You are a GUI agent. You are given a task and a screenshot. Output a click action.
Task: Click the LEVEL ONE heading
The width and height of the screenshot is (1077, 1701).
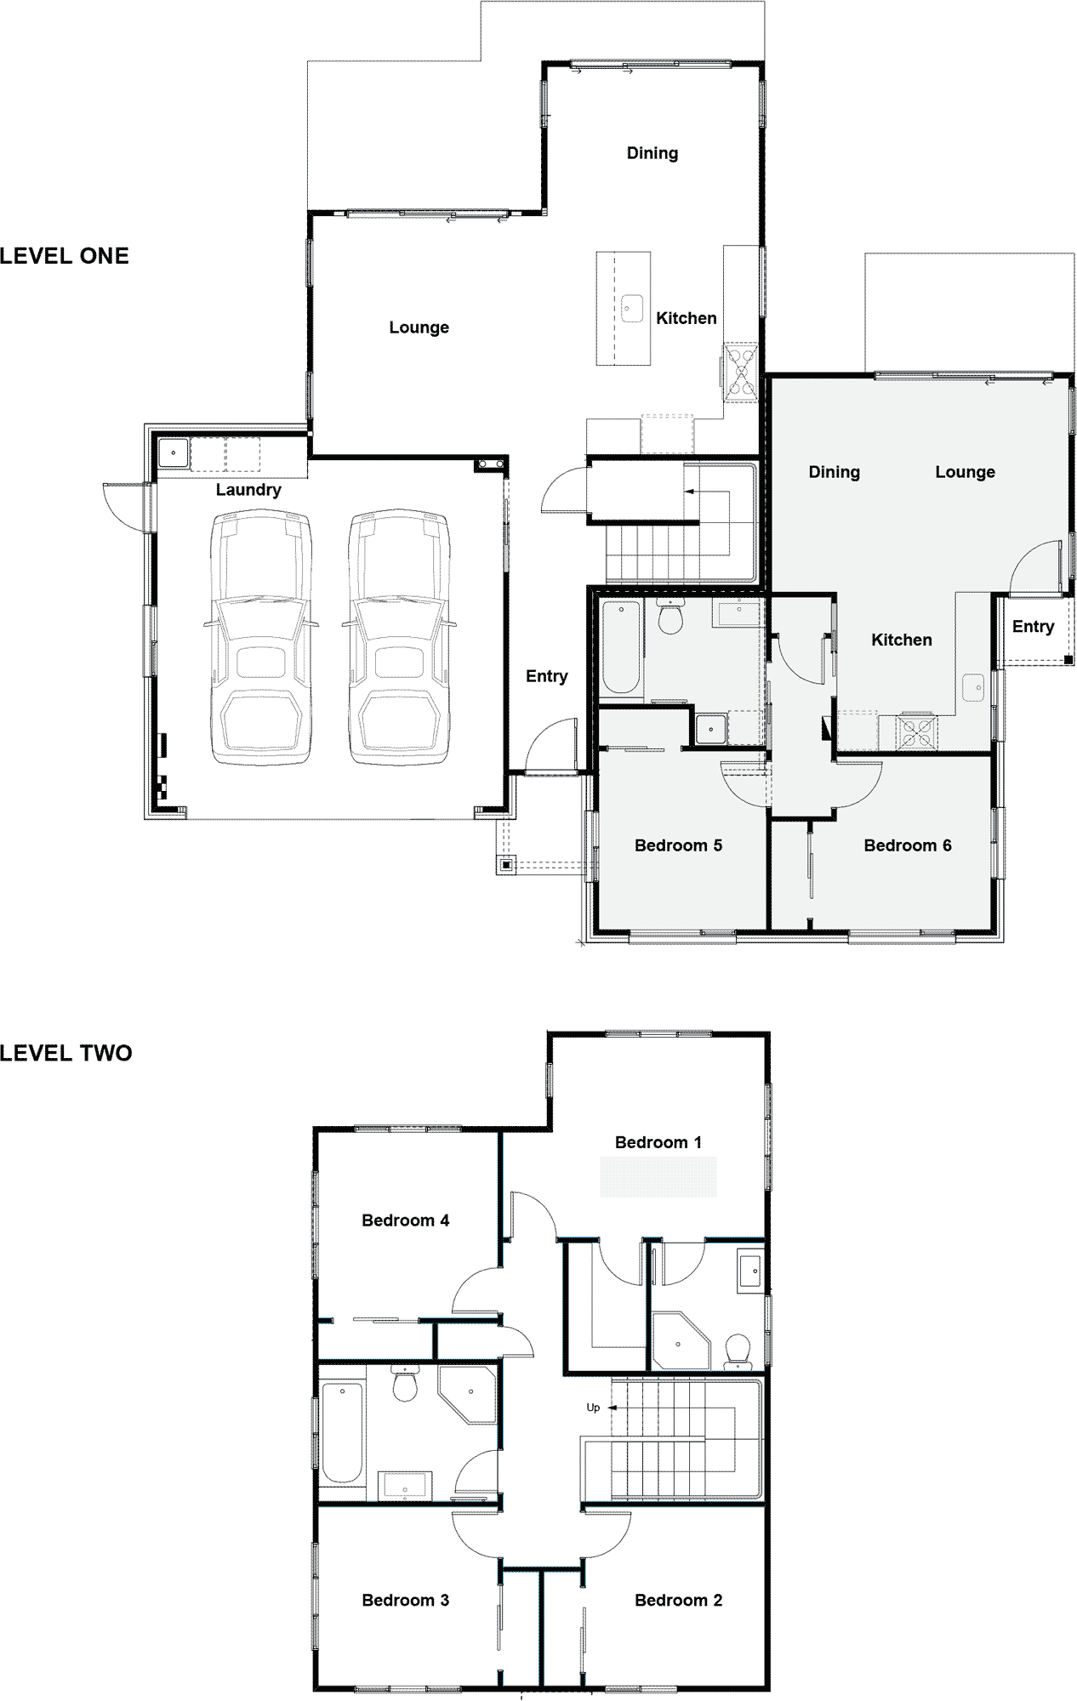point(65,256)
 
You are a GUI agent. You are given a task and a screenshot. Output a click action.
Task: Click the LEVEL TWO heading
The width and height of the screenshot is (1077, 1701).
point(66,1053)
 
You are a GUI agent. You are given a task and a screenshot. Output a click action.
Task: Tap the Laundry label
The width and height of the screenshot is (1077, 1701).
point(248,490)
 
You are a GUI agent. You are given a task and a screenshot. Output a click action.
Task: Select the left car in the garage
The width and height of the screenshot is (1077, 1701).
point(260,637)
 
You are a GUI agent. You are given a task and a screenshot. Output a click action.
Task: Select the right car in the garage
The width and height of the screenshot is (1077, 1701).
point(399,637)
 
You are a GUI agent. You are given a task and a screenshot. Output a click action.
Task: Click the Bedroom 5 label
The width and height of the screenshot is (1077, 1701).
point(678,845)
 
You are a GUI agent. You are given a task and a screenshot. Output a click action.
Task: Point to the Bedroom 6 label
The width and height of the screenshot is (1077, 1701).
point(908,845)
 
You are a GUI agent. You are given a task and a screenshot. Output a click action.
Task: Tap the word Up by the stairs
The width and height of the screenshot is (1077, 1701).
point(593,1408)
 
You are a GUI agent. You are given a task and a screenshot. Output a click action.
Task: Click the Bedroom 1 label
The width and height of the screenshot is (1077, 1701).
point(658,1142)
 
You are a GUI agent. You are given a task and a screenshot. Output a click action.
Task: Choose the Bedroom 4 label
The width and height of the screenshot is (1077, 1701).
point(406,1220)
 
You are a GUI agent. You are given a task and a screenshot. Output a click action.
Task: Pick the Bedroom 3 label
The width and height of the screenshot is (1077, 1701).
point(406,1601)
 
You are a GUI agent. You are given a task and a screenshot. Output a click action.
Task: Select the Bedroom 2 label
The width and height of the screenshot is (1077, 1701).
point(679,1601)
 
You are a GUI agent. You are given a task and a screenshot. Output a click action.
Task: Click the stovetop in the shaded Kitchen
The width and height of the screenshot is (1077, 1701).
point(915,733)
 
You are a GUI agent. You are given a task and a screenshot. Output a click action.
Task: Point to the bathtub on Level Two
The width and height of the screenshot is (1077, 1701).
point(342,1433)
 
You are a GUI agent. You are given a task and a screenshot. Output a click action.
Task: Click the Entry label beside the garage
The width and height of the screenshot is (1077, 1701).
point(546,676)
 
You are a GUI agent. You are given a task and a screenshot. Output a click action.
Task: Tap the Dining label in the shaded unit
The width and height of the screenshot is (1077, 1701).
point(834,472)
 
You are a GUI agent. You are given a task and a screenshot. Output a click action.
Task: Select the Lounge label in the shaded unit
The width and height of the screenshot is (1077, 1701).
point(965,472)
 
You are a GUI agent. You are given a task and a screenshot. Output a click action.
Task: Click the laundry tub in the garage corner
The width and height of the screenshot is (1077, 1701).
point(173,453)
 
